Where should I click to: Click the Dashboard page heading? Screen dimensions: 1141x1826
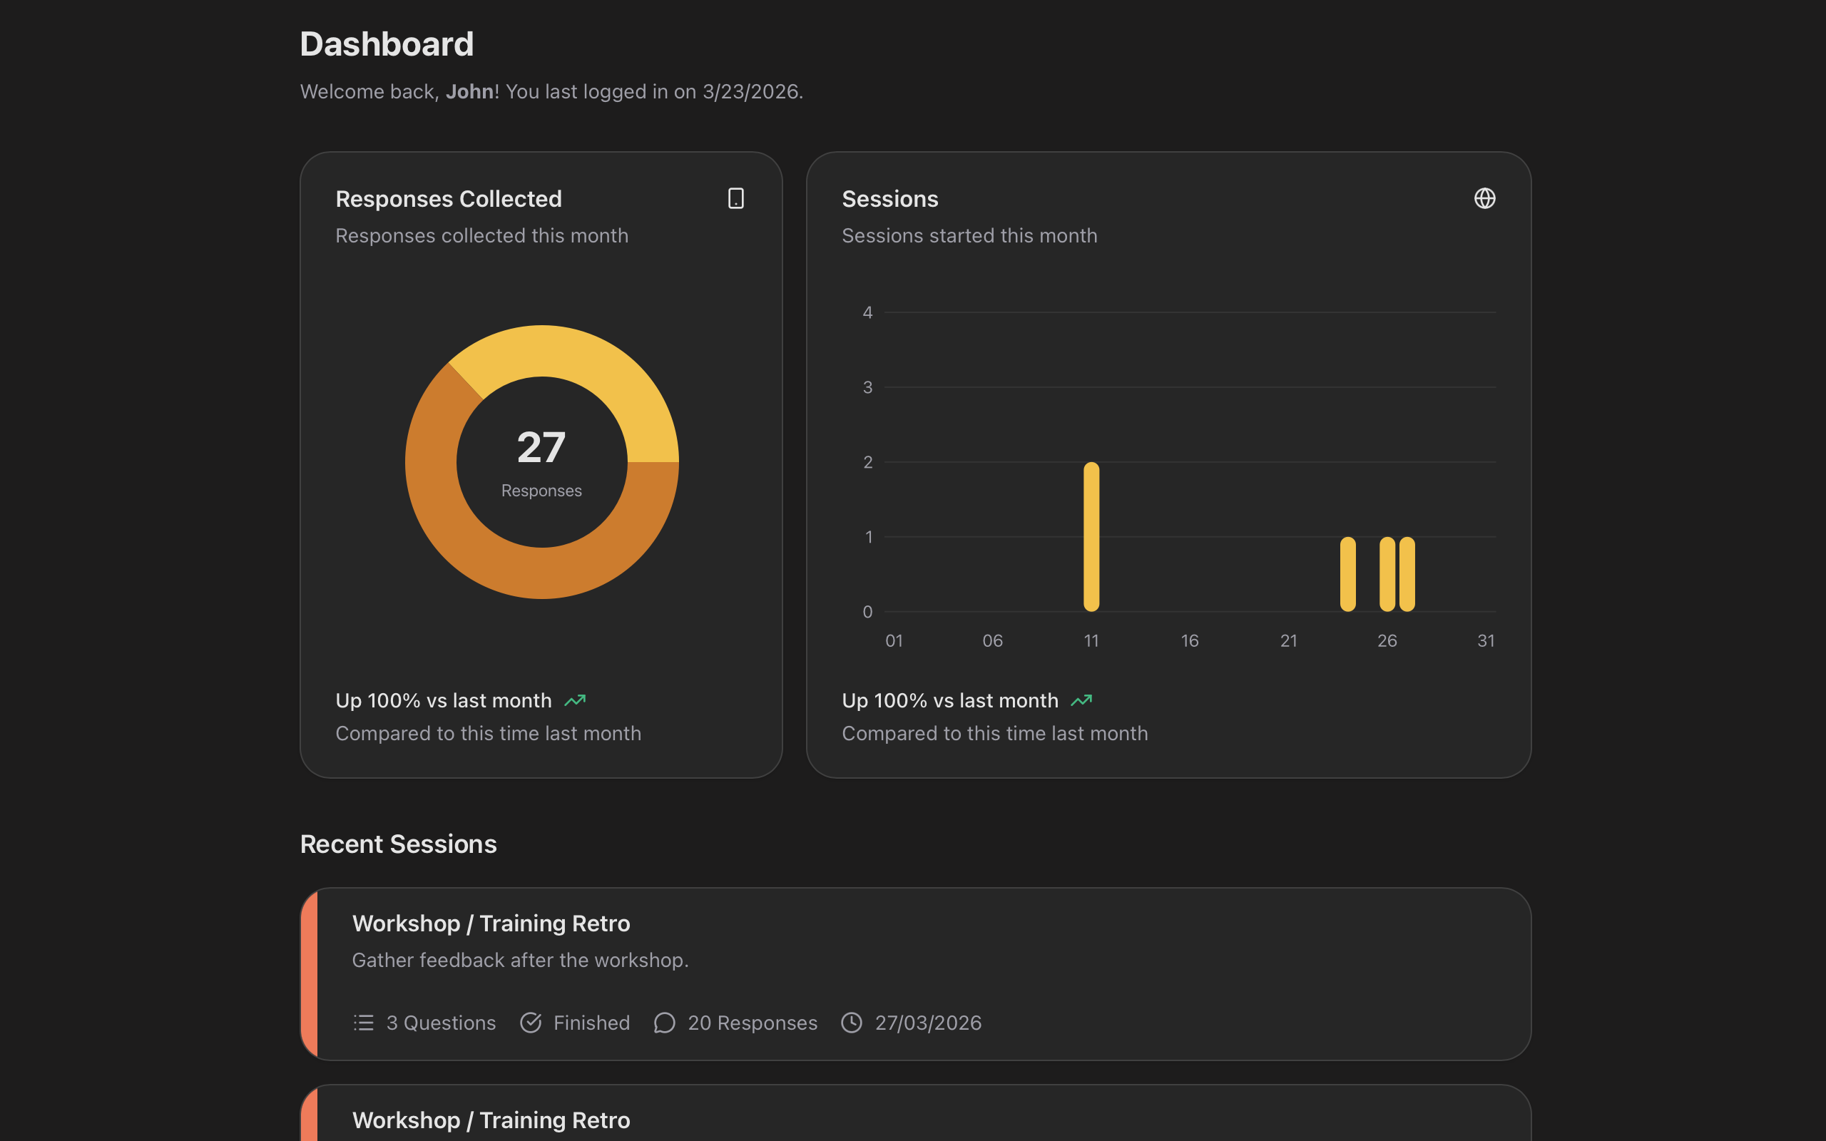tap(387, 44)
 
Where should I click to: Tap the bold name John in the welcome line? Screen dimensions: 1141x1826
tap(469, 91)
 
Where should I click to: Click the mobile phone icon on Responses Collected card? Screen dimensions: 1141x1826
tap(735, 198)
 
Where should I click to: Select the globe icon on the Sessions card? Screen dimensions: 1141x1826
tap(1484, 198)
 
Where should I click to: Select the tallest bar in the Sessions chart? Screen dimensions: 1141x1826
tap(1091, 536)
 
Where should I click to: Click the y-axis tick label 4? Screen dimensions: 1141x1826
tap(868, 312)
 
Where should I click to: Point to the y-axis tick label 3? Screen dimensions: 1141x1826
tap(868, 387)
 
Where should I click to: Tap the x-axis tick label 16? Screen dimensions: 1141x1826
tap(1189, 640)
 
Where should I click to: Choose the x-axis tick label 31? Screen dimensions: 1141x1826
tap(1485, 640)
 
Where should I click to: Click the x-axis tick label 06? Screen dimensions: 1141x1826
tap(992, 640)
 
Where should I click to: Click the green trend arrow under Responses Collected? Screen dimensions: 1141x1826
tap(575, 700)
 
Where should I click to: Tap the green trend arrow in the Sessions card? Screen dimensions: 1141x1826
tap(1081, 700)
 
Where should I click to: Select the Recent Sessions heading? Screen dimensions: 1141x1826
tap(399, 844)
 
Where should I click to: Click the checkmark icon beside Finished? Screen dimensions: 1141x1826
tap(531, 1023)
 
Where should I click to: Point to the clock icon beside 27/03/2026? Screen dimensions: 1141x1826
tap(852, 1023)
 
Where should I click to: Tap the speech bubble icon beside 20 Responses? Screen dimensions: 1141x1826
tap(664, 1023)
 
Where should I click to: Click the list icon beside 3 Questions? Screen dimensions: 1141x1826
tap(364, 1023)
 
